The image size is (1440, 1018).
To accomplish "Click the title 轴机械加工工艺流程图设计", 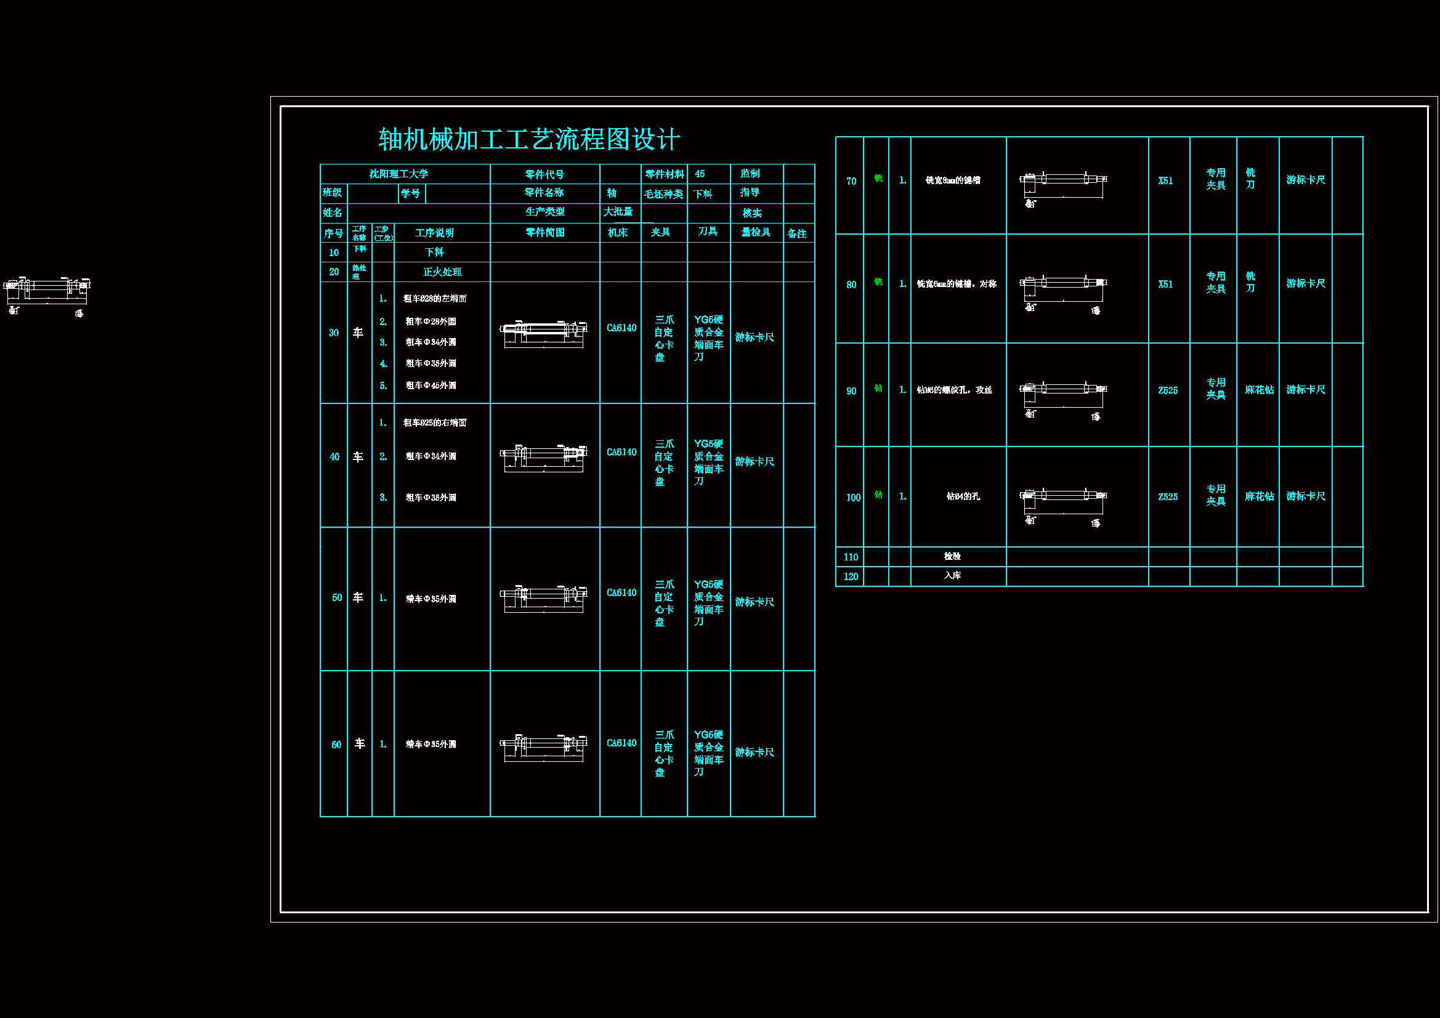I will click(528, 139).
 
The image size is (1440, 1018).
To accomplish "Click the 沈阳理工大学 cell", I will click(398, 174).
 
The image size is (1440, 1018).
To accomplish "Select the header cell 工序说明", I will click(434, 233).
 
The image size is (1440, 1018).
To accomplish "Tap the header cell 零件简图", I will click(545, 232).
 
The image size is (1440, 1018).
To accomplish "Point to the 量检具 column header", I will click(756, 232).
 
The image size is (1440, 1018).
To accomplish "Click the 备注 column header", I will click(796, 233).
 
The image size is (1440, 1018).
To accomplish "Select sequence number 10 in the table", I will click(334, 252).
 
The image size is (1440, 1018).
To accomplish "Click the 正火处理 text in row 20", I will click(442, 272).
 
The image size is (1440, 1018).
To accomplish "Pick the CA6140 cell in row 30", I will click(621, 328).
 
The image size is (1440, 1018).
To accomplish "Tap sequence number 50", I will click(337, 597).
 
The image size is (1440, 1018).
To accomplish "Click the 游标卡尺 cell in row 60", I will click(754, 751).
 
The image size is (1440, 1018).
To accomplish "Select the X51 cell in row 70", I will click(1165, 180).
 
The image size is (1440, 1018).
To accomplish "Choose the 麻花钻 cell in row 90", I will click(1259, 389).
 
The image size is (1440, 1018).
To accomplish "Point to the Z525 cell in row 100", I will click(1167, 496).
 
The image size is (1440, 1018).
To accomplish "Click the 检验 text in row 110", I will click(952, 555).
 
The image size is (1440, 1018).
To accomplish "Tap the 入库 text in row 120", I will click(952, 575).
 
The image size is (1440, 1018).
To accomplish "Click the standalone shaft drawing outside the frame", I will click(47, 294).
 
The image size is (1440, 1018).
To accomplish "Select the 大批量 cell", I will click(618, 212).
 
